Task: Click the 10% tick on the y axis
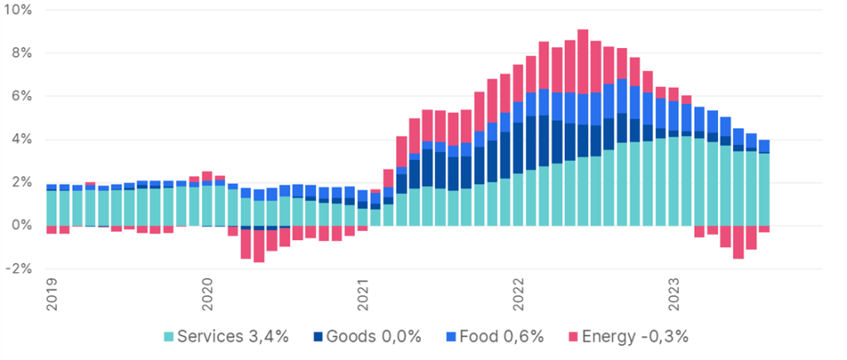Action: [x=17, y=10]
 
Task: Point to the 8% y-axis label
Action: [x=20, y=53]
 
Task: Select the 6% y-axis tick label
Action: [x=20, y=96]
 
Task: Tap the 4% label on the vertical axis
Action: [x=20, y=139]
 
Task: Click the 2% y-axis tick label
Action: [x=20, y=182]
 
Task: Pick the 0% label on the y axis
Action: [x=20, y=225]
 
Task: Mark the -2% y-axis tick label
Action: [x=18, y=268]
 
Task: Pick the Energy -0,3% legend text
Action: [x=635, y=336]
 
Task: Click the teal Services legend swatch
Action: [x=170, y=336]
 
